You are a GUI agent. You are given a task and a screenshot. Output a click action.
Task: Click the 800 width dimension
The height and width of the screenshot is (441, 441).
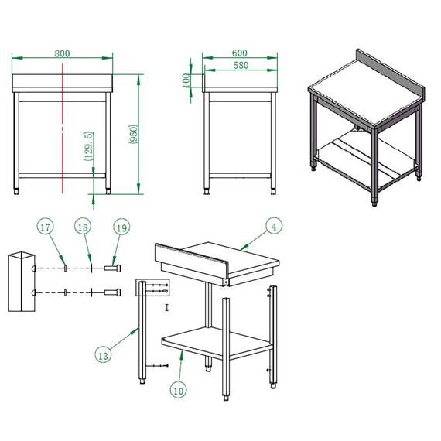click(63, 53)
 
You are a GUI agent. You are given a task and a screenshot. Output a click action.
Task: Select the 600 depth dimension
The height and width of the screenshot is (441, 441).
click(239, 53)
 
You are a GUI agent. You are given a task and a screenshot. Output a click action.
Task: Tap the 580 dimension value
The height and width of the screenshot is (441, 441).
click(239, 66)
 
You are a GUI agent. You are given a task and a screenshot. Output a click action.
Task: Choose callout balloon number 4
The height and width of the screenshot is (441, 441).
click(273, 226)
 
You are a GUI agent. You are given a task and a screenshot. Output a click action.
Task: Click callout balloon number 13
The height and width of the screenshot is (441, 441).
click(102, 355)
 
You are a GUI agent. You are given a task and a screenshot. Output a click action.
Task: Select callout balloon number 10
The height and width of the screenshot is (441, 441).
click(179, 391)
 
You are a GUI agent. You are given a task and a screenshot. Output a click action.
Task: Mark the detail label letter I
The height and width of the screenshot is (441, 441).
click(167, 307)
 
